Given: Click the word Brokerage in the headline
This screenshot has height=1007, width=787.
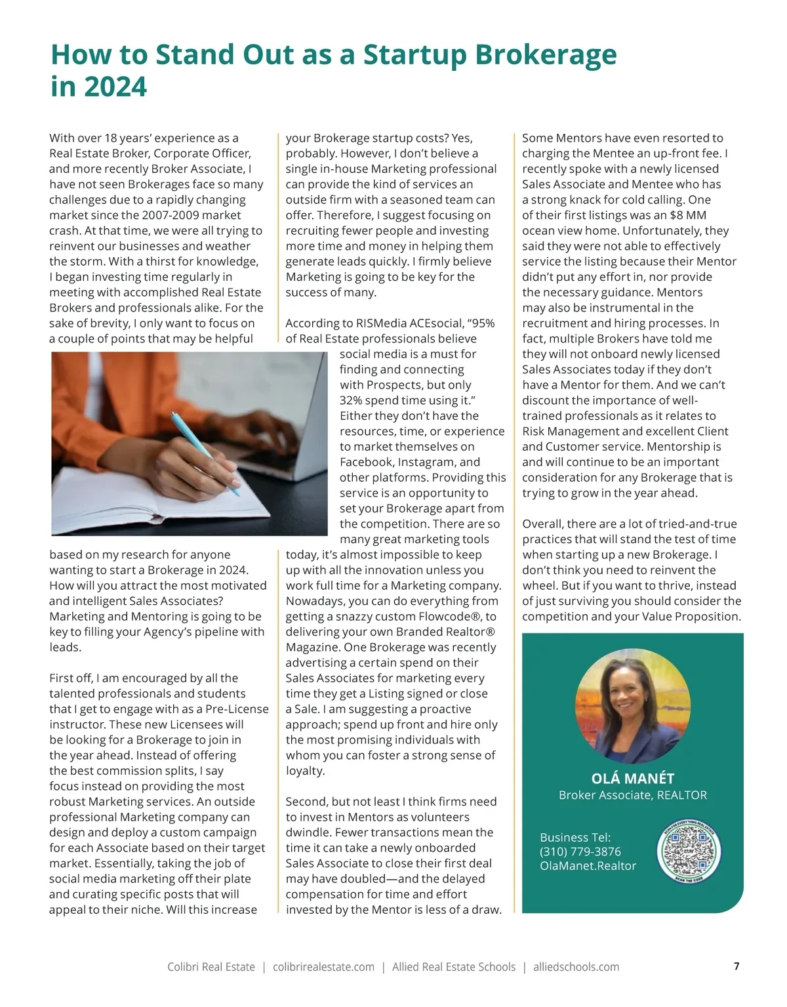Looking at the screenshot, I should (546, 55).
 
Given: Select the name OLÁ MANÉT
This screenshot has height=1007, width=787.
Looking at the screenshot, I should (632, 778).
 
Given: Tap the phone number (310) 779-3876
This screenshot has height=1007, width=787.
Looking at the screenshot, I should (580, 852).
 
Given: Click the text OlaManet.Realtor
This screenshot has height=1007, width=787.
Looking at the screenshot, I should (588, 866).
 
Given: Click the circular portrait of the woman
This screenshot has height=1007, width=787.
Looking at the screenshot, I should (632, 701).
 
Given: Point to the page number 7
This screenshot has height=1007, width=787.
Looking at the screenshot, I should (737, 966).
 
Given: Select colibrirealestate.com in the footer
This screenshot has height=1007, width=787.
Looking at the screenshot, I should (323, 967).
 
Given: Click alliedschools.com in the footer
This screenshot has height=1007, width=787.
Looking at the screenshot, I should (576, 967).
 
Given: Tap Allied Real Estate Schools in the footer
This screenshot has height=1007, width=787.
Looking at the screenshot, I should (454, 967).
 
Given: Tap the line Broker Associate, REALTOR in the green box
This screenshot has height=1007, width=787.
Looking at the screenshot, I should (632, 795).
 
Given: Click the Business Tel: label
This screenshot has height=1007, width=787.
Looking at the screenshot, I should (575, 837).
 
